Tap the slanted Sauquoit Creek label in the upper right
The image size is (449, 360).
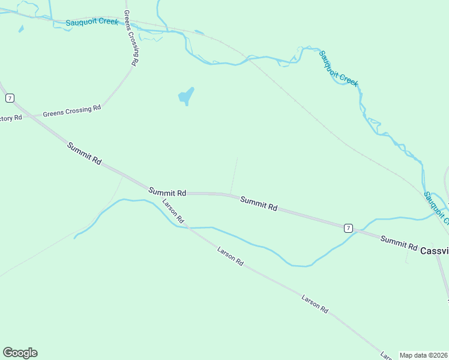click(339, 68)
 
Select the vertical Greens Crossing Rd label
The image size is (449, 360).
click(131, 37)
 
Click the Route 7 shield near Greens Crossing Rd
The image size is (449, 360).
click(10, 98)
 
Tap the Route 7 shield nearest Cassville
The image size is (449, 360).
click(348, 227)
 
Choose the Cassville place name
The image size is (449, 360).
click(434, 250)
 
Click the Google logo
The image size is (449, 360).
click(20, 353)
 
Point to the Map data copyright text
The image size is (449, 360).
click(424, 355)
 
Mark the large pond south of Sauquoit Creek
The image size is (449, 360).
click(186, 95)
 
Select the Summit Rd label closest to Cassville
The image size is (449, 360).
click(399, 242)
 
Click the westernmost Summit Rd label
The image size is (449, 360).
click(84, 154)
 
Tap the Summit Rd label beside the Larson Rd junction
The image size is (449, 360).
click(167, 192)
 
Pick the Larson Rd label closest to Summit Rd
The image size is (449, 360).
click(173, 209)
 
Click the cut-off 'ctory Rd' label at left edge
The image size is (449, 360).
click(10, 118)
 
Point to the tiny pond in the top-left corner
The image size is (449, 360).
click(21, 28)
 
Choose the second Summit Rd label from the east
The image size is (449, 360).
click(259, 203)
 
